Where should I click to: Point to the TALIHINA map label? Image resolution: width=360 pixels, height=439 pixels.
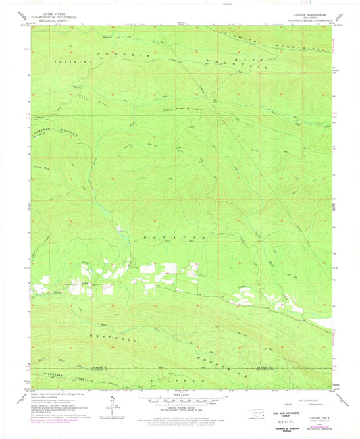64,61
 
